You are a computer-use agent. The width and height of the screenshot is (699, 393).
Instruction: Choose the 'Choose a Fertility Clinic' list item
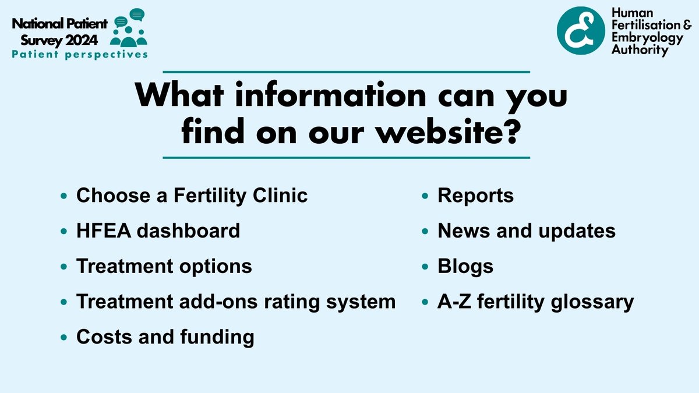click(192, 196)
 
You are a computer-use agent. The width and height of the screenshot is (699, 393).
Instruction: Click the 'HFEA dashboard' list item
click(158, 231)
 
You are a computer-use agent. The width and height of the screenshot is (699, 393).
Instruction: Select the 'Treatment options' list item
click(164, 266)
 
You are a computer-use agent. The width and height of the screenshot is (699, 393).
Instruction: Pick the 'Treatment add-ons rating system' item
click(236, 302)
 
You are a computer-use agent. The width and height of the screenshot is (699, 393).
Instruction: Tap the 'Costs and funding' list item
click(165, 337)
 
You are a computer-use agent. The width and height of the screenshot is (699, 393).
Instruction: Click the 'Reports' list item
click(475, 196)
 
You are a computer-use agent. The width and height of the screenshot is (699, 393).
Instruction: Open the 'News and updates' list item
click(527, 231)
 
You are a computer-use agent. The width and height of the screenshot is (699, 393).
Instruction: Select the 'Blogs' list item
click(465, 266)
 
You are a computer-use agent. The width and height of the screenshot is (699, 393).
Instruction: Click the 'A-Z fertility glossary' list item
click(535, 302)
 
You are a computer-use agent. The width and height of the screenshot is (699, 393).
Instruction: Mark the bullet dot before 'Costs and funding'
click(64, 338)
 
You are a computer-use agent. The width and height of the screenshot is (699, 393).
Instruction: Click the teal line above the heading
click(346, 72)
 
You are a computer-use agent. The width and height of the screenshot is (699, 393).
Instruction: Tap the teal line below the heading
click(346, 157)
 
